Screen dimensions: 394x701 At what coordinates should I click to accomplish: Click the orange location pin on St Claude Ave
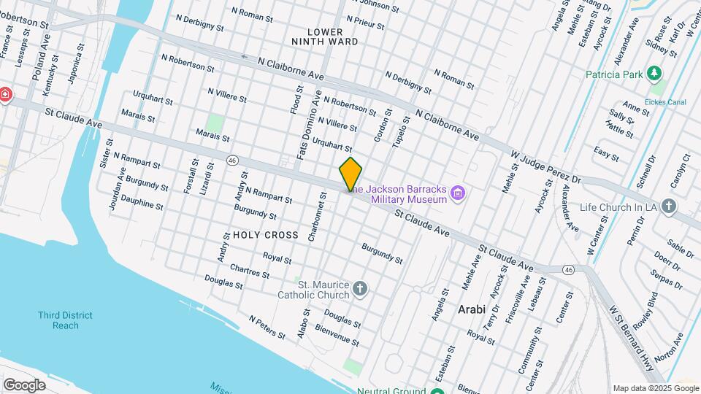[x=350, y=174]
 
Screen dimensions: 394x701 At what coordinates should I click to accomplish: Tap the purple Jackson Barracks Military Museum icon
[x=459, y=193]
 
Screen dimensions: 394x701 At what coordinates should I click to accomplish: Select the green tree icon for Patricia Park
[x=655, y=74]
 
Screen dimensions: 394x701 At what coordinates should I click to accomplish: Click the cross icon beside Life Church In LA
[x=670, y=206]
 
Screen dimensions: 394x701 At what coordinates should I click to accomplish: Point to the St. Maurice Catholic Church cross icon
[x=359, y=290]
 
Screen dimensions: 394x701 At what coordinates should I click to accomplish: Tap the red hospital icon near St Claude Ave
[x=4, y=96]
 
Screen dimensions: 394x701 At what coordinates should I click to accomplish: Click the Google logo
[x=24, y=385]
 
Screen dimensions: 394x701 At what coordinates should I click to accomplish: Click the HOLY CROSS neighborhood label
[x=266, y=235]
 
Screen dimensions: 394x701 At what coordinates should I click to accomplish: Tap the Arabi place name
[x=472, y=309]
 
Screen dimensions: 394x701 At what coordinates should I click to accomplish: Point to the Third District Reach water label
[x=66, y=320]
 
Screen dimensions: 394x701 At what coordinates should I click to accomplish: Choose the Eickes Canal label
[x=666, y=101]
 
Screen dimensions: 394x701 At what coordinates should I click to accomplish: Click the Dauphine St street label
[x=142, y=201]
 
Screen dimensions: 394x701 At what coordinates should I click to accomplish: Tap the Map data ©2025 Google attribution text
[x=655, y=388]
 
